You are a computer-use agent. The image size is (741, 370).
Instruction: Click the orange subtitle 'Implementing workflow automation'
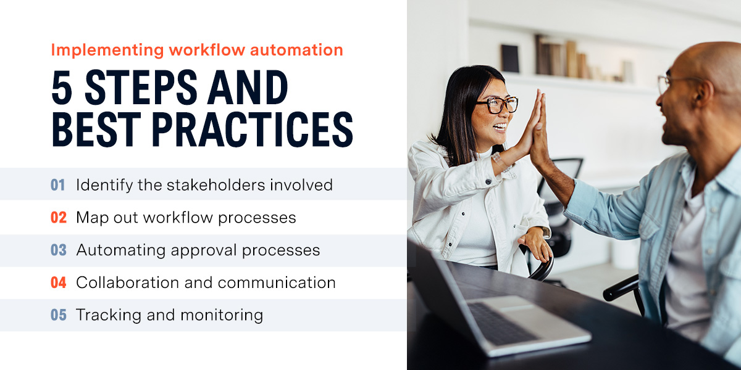point(196,50)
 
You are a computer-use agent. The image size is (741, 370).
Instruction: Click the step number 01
point(58,184)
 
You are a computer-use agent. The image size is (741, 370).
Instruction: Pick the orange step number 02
point(58,218)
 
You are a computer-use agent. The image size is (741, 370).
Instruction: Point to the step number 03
point(58,250)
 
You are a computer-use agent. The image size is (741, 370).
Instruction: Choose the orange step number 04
point(58,282)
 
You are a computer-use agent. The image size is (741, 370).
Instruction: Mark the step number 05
point(58,315)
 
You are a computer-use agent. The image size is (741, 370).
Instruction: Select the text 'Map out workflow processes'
point(186,218)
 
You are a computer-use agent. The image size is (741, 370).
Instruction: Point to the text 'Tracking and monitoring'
point(169,315)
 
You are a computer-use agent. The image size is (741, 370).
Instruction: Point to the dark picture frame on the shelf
point(510,59)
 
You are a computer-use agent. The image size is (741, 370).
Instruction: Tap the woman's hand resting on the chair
point(536,244)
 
